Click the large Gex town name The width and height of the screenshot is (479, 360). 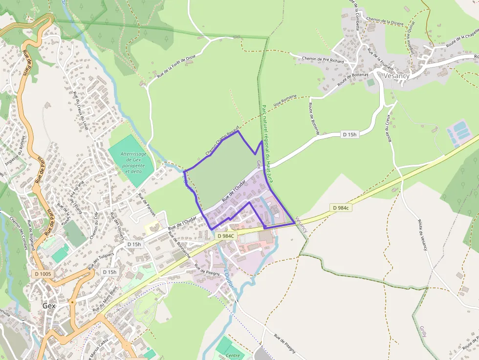point(49,306)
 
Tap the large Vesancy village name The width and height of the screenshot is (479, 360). point(396,76)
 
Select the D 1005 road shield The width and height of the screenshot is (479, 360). point(43,274)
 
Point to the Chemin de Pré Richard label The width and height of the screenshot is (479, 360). point(323,60)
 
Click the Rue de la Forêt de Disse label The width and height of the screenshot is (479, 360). point(176,67)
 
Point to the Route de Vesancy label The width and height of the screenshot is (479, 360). point(423,234)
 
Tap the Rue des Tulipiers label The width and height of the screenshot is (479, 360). point(101,261)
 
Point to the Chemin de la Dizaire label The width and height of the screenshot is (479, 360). point(384,21)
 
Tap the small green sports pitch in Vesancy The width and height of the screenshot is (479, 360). point(371,83)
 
